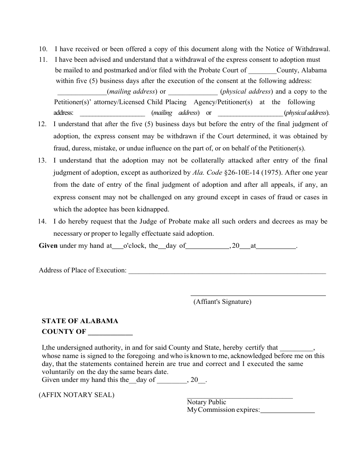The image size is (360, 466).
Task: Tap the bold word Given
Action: point(48,246)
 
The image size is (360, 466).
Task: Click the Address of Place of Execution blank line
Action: point(227,271)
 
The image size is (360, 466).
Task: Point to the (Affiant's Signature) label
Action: point(222,302)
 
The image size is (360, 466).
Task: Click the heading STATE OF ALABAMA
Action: point(80,321)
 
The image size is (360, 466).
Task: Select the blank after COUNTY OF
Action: point(110,332)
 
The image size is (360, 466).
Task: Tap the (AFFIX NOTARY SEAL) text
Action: point(77,395)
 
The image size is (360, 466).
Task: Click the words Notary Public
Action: point(206,402)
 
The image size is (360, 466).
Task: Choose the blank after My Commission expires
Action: point(288,410)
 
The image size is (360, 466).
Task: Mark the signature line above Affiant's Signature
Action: point(258,295)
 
